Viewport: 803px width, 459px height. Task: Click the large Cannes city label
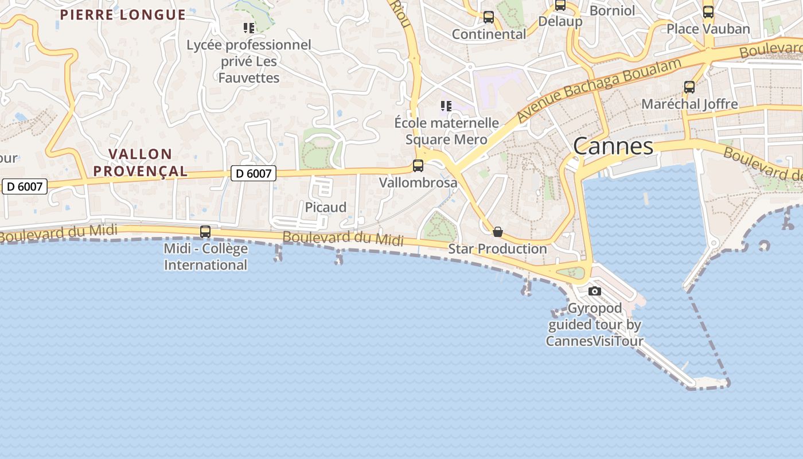613,146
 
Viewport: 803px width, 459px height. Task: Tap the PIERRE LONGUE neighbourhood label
123,15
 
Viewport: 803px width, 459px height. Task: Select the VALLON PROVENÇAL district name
141,162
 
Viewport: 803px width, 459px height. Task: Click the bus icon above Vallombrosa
418,166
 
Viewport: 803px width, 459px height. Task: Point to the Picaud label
325,207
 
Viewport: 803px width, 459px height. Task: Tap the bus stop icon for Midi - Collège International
205,232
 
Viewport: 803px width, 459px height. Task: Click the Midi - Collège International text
205,256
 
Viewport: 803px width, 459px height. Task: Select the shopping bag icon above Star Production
498,232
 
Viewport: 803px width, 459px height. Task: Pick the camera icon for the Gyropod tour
595,291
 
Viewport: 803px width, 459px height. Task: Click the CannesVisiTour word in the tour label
594,341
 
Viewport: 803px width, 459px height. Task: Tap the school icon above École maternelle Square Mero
446,106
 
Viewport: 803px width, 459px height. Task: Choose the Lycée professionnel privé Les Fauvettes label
249,61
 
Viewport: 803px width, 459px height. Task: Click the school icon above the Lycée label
249,28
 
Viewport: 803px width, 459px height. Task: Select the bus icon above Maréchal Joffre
689,87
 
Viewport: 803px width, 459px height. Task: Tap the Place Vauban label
708,29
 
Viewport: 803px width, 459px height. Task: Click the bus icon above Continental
489,17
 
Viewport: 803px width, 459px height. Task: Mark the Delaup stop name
560,22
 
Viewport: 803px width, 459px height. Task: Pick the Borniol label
613,10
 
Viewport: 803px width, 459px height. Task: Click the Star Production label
497,249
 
